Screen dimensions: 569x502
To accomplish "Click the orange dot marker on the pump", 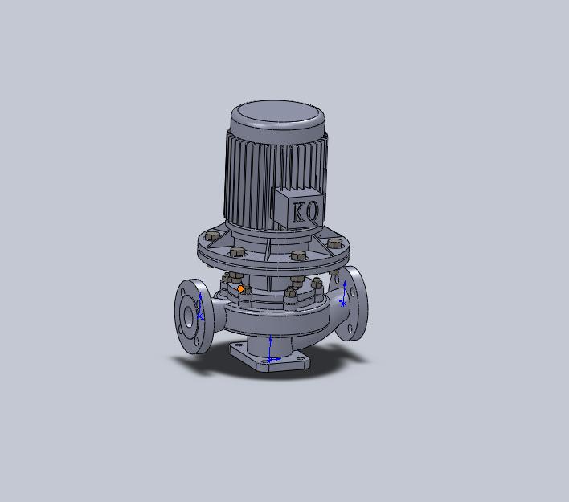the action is click(x=240, y=288).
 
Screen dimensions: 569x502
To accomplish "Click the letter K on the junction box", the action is click(x=300, y=212).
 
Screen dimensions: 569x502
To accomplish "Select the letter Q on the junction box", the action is click(x=313, y=211).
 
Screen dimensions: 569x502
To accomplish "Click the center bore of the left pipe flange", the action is click(x=188, y=316).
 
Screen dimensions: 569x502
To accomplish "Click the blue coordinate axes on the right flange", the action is click(x=343, y=294).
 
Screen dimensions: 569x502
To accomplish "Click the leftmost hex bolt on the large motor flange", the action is click(x=212, y=236).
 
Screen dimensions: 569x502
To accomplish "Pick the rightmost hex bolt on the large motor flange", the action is click(x=334, y=243).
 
